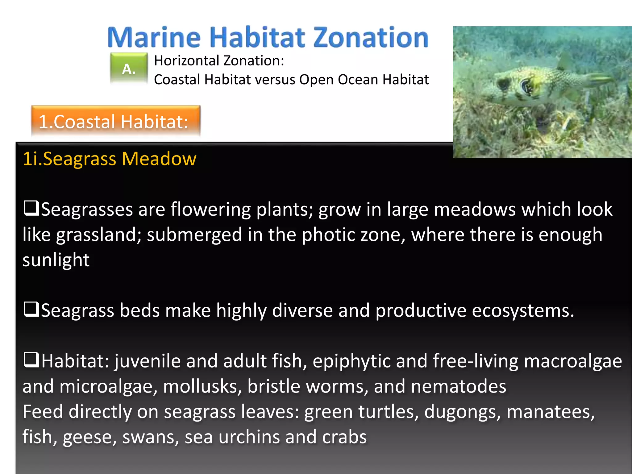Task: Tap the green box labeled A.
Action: click(x=129, y=69)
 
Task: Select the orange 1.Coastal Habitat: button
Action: click(x=116, y=121)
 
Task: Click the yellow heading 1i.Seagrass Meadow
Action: click(x=110, y=159)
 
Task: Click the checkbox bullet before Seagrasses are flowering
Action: click(x=31, y=208)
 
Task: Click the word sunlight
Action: click(x=56, y=260)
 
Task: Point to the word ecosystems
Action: click(x=523, y=310)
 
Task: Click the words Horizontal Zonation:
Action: click(x=219, y=60)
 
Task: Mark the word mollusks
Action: click(x=202, y=386)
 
